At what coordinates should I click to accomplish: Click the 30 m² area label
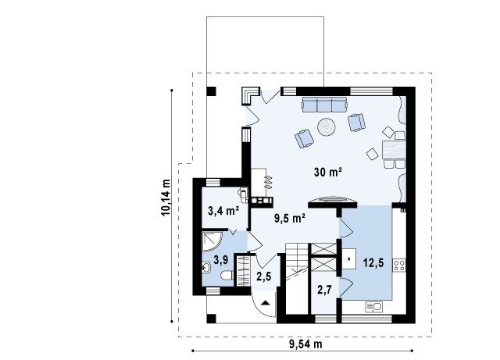[328, 172]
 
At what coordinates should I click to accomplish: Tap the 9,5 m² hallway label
[290, 219]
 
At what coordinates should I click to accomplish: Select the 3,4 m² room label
[224, 211]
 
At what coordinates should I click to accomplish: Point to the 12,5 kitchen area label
[373, 263]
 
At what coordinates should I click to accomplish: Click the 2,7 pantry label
[325, 290]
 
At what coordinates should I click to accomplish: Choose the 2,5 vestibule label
[264, 276]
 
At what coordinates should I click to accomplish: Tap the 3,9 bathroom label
[220, 260]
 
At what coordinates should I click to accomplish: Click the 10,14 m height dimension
[166, 198]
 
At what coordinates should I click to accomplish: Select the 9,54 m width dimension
[305, 344]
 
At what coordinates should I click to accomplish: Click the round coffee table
[327, 127]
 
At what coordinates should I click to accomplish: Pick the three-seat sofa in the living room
[325, 105]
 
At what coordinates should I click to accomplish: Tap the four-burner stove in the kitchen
[399, 266]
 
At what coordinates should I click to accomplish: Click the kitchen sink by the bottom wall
[373, 308]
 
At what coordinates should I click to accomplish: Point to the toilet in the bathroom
[227, 275]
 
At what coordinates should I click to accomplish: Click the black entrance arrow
[266, 303]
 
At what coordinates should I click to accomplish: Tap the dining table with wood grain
[394, 150]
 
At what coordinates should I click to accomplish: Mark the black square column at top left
[211, 91]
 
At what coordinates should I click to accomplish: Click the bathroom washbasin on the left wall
[205, 268]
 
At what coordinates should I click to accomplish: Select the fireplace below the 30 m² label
[333, 201]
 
